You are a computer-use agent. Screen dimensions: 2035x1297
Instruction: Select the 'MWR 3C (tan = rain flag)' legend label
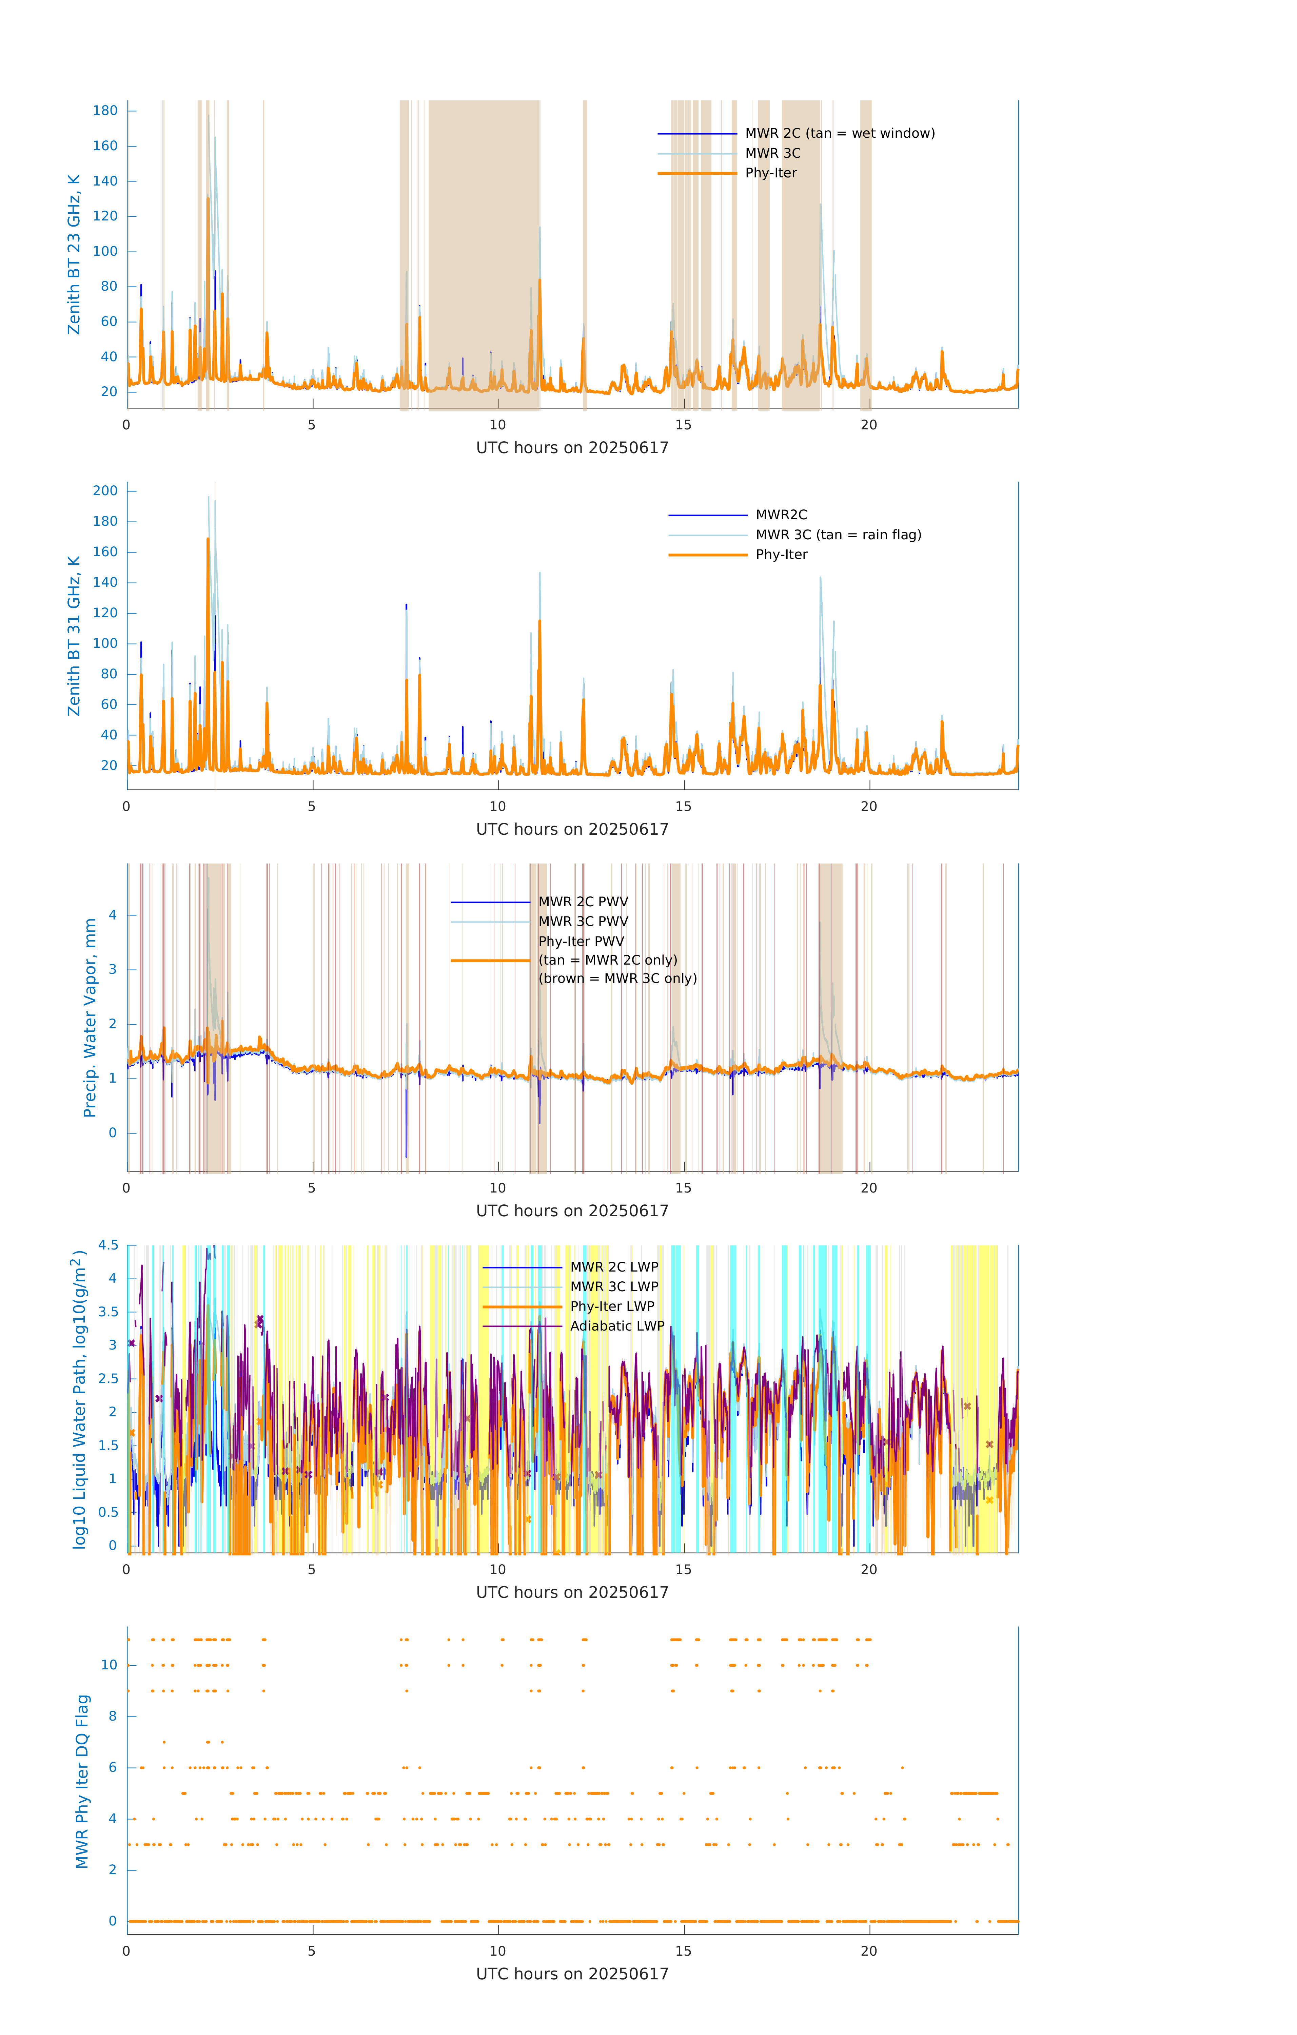click(x=838, y=535)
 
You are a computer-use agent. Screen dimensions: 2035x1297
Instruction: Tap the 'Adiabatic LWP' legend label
click(x=617, y=1326)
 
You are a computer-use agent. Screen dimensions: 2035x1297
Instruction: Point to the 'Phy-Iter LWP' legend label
click(x=612, y=1306)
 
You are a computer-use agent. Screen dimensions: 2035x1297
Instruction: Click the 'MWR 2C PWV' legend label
click(x=583, y=902)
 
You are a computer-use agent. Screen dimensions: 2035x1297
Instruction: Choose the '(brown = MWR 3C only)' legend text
click(x=618, y=978)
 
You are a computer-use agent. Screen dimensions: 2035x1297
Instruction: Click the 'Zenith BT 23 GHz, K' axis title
click(x=74, y=254)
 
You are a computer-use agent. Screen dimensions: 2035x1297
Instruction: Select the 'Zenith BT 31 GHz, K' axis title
click(x=74, y=636)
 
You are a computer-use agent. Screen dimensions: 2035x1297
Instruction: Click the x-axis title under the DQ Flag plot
click(x=572, y=1974)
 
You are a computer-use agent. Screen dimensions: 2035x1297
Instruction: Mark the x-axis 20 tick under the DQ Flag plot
click(x=869, y=1951)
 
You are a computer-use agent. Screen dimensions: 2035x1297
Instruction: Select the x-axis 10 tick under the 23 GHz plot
click(x=498, y=425)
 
